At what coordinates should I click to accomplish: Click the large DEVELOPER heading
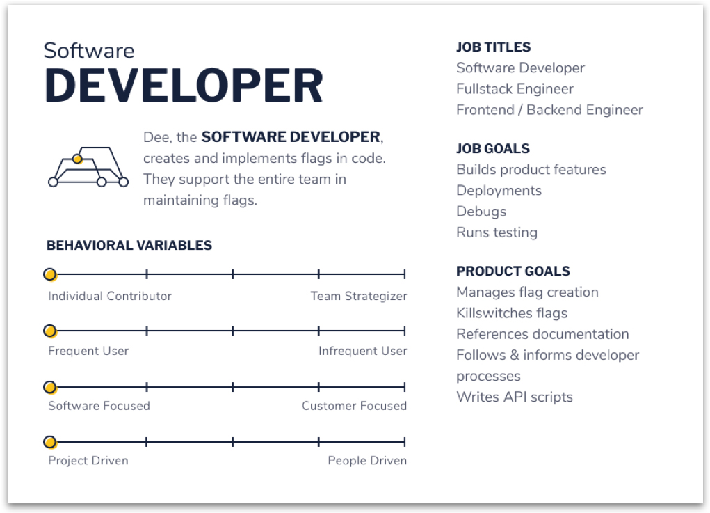(184, 85)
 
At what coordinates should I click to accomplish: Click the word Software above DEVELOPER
(89, 50)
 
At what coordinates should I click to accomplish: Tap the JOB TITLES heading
(493, 47)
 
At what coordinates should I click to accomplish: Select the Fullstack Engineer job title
(515, 89)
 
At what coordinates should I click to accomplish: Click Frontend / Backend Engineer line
(549, 110)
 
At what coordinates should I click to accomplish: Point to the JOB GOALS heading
(492, 149)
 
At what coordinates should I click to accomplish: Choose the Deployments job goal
(499, 190)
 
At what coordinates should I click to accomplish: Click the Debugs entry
(481, 211)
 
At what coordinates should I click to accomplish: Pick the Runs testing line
(497, 232)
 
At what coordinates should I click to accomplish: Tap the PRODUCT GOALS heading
(513, 271)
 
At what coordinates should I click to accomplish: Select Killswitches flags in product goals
(512, 313)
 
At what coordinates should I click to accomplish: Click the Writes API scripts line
(515, 397)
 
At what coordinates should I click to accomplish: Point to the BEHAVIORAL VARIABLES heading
(129, 245)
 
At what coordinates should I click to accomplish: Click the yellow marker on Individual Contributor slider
(50, 274)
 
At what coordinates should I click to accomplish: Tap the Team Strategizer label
(359, 296)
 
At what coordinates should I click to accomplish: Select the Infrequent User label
(363, 351)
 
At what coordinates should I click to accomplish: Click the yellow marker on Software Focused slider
(50, 387)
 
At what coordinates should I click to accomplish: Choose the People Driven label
(367, 460)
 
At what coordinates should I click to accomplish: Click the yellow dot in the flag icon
(77, 159)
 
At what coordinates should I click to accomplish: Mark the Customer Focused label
(354, 406)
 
